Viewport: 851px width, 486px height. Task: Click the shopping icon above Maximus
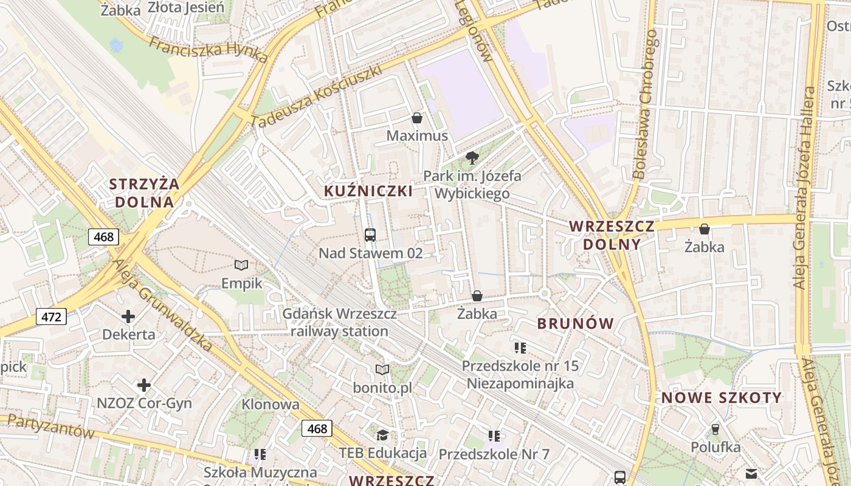pos(416,117)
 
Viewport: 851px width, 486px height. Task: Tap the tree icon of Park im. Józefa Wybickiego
pos(472,159)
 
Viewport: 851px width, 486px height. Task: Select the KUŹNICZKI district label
pos(368,191)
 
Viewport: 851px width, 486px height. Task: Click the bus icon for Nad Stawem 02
pos(370,234)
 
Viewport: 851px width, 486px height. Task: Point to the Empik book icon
pos(241,265)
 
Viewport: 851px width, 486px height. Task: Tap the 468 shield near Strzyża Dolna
pos(103,237)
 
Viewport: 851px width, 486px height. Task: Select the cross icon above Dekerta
pos(128,317)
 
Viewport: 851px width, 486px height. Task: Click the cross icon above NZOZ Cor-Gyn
pos(144,385)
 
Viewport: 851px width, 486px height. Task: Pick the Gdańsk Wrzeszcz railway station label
pos(339,323)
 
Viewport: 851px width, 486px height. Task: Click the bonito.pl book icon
pos(382,369)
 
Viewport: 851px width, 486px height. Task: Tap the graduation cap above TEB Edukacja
pos(382,435)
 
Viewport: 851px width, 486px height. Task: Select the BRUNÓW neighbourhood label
pos(576,324)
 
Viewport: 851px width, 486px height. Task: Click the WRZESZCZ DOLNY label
pos(612,235)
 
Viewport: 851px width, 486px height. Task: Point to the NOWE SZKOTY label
pos(722,398)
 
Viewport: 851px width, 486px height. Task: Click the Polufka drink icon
pos(715,430)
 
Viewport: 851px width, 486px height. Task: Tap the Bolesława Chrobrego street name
pos(645,104)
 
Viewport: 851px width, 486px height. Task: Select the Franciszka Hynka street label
pos(208,49)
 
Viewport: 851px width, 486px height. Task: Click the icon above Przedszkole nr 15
pos(520,347)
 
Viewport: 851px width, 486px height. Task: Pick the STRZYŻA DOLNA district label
pos(145,193)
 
